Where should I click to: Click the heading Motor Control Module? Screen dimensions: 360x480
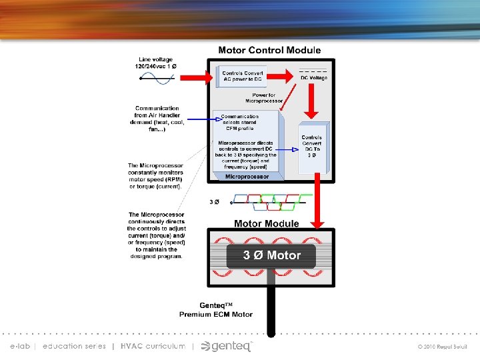pos(269,50)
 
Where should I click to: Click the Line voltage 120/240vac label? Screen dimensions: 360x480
pos(156,63)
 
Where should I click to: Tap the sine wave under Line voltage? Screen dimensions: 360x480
pos(157,77)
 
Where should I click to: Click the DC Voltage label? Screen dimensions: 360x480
pos(313,78)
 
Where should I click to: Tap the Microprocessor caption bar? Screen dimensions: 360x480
pos(247,177)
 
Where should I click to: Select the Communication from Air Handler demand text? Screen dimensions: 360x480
pos(157,118)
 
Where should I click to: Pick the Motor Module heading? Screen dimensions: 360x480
pos(266,223)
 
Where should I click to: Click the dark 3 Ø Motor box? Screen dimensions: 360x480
pos(271,255)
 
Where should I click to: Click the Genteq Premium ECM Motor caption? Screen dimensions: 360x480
pos(216,310)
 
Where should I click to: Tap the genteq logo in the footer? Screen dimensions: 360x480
pos(227,345)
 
